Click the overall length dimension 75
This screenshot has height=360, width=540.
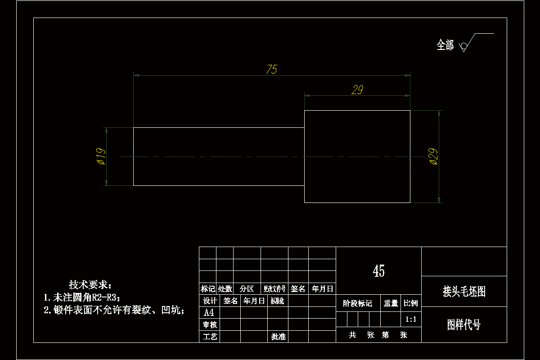click(271, 69)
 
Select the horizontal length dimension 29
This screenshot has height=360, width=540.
click(357, 90)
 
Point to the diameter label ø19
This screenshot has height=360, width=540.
click(100, 156)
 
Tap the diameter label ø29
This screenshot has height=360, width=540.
click(434, 156)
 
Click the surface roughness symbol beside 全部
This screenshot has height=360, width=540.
click(463, 46)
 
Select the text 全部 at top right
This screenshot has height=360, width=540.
click(445, 45)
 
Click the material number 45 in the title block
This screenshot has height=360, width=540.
click(378, 270)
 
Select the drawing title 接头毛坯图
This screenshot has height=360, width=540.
click(464, 292)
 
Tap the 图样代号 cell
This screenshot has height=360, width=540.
click(463, 324)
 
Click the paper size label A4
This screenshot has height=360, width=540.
click(209, 313)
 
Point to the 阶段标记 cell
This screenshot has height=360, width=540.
click(358, 303)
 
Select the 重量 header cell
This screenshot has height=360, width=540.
click(391, 303)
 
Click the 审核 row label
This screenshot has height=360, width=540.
click(210, 324)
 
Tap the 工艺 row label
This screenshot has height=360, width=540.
click(210, 336)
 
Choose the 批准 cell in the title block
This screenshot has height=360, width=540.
click(278, 336)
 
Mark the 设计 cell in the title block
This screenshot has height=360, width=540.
click(210, 301)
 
